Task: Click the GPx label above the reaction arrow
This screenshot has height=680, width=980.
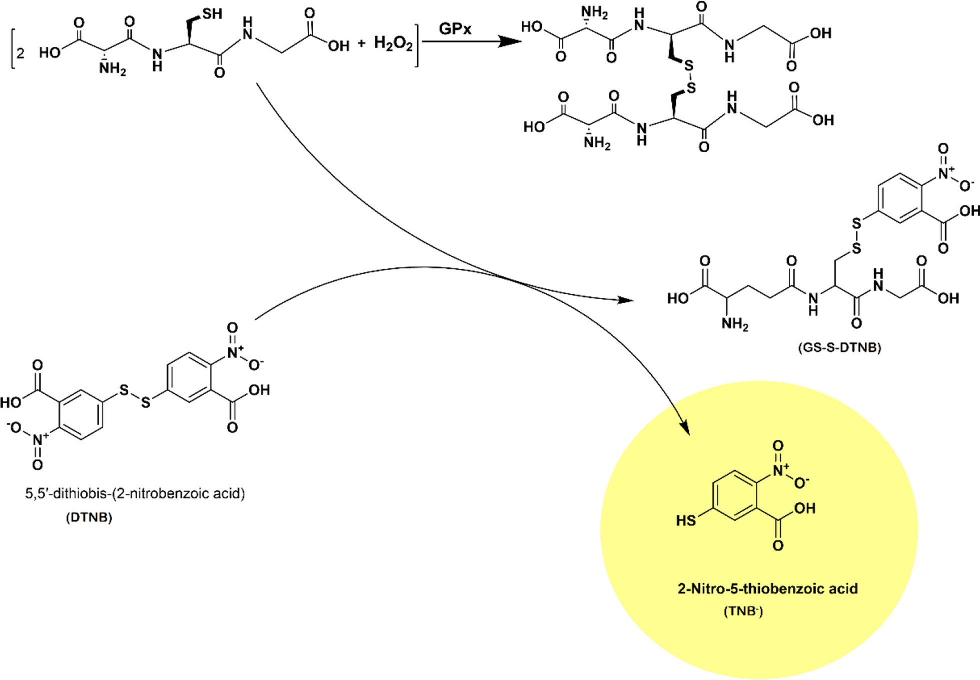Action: coord(455,28)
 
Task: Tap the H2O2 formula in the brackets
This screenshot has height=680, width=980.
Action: coord(393,44)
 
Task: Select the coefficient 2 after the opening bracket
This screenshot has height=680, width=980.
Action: coord(21,53)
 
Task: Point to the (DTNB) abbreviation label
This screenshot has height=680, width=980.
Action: coord(89,517)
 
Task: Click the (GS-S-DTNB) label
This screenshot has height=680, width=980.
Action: coord(839,347)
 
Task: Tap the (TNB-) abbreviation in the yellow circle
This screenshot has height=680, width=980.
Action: coord(743,611)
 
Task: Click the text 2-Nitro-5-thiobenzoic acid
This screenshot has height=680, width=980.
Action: coord(767,588)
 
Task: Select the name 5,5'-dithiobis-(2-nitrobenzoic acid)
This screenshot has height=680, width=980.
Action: coord(135,493)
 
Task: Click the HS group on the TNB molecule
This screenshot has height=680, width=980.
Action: coord(685,520)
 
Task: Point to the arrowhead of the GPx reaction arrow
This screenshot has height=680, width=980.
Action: coord(510,41)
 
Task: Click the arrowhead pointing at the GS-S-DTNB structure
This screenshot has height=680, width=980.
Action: coord(626,300)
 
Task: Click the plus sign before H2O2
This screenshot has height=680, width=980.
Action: coord(362,44)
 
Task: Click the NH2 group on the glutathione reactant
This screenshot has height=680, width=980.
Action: coord(112,69)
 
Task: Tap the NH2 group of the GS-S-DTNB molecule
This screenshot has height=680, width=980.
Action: coord(734,324)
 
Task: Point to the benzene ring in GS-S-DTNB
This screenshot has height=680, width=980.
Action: coord(900,198)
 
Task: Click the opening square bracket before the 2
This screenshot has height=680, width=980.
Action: coord(12,48)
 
